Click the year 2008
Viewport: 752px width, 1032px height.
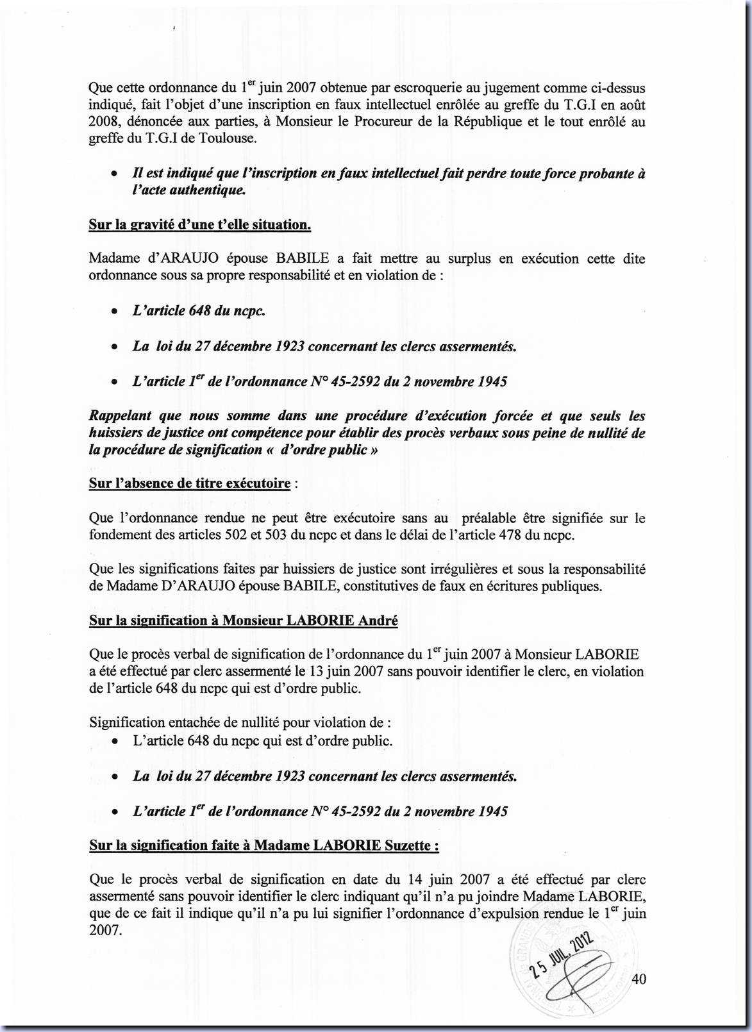pyautogui.click(x=103, y=122)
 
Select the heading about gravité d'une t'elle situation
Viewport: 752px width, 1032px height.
pyautogui.click(x=200, y=225)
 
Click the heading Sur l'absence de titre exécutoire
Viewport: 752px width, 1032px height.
pyautogui.click(x=190, y=483)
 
